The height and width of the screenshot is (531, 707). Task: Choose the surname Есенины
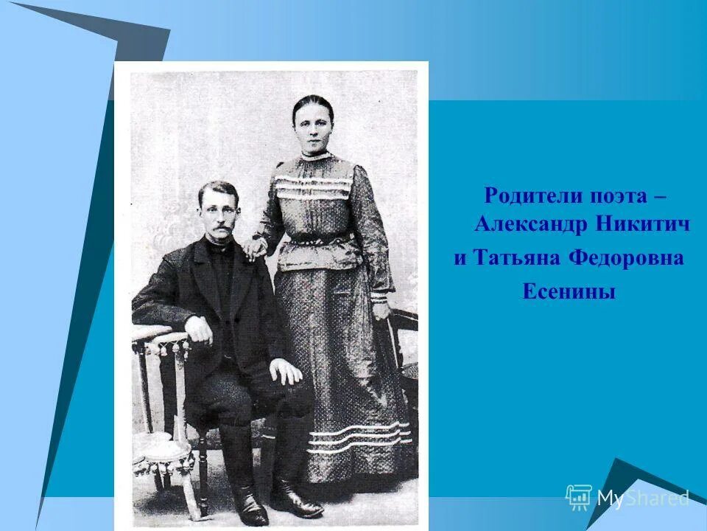click(569, 292)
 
